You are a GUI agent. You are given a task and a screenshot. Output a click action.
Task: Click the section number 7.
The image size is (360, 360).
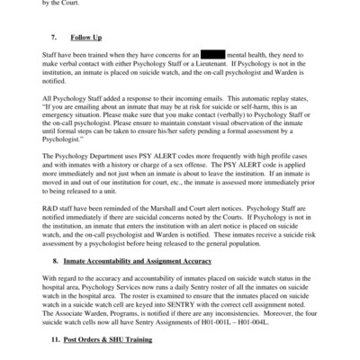coord(54,40)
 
